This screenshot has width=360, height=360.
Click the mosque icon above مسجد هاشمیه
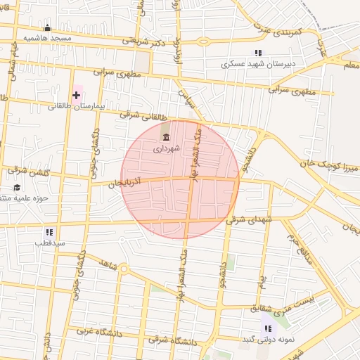point(47,29)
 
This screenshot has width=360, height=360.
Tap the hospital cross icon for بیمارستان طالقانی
point(76,95)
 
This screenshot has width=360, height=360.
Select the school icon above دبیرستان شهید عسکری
point(258,53)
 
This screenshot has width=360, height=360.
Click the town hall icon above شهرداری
point(166,137)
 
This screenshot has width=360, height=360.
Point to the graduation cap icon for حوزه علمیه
point(16,187)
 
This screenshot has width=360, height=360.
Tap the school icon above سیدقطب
point(49,231)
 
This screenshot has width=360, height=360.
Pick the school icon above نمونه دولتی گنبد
point(267,328)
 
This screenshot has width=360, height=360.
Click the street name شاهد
point(108,262)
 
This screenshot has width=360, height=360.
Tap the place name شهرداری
point(167,149)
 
